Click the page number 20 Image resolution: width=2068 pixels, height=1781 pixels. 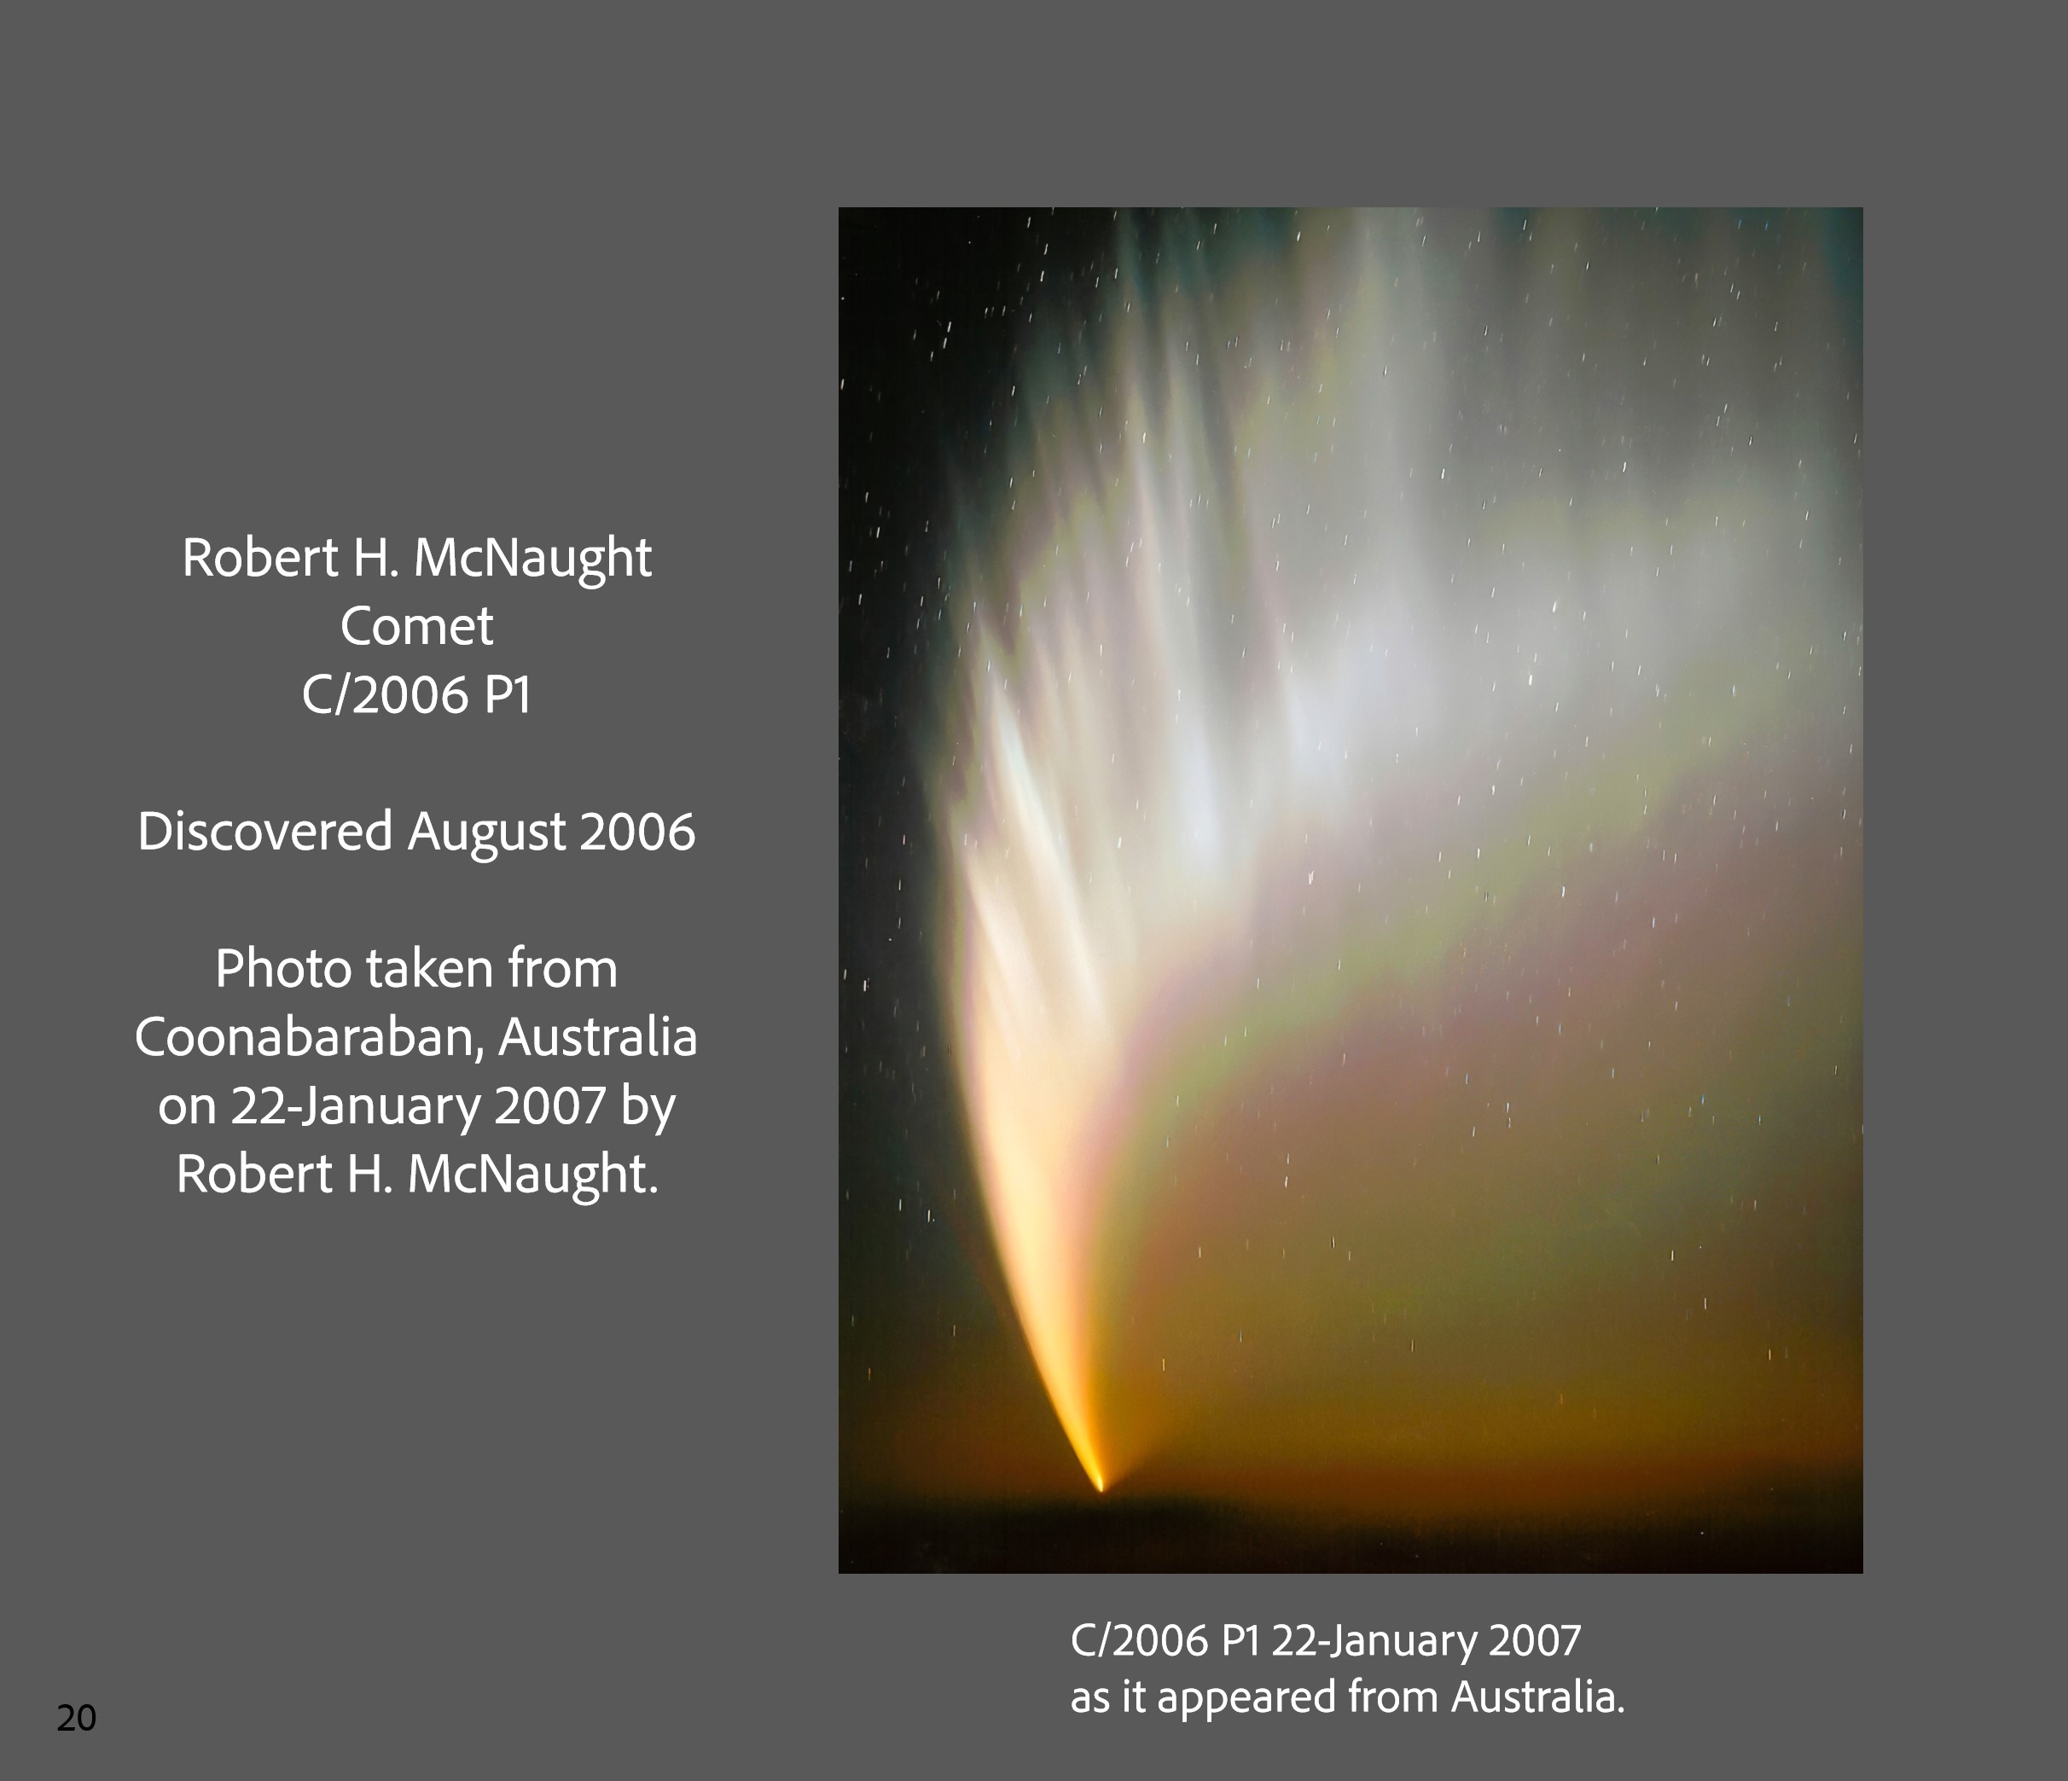(x=76, y=1717)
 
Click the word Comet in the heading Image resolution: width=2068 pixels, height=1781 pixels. (x=416, y=627)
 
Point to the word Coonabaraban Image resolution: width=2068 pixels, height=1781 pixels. (x=308, y=1038)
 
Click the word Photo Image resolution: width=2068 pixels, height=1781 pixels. (x=282, y=969)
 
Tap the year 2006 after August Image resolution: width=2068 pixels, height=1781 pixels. (x=636, y=832)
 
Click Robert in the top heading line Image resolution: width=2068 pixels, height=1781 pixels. (x=259, y=557)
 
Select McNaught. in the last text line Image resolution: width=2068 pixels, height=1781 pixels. (x=533, y=1175)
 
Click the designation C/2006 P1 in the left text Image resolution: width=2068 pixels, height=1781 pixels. (x=416, y=694)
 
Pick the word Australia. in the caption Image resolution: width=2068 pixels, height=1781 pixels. (x=1538, y=1697)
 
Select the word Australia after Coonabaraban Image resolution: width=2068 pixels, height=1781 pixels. (x=598, y=1038)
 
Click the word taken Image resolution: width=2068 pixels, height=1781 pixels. (x=429, y=969)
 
